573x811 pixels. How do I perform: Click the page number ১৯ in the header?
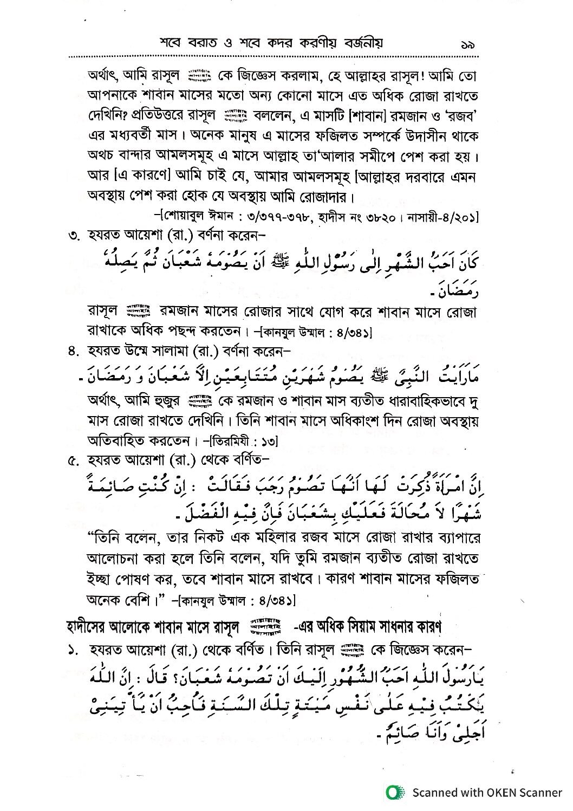click(x=466, y=44)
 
